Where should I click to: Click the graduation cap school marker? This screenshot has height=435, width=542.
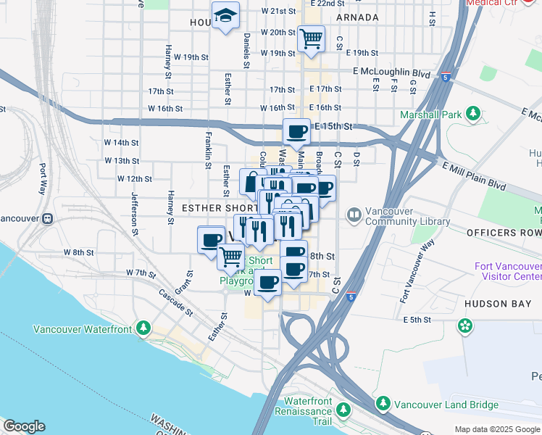[226, 15]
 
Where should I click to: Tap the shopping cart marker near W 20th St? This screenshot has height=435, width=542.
[311, 38]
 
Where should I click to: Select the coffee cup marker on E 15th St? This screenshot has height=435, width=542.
[296, 132]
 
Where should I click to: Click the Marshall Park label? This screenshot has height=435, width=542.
[430, 114]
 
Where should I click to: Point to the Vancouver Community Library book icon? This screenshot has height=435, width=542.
[354, 214]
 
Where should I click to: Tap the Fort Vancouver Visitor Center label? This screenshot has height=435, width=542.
[507, 272]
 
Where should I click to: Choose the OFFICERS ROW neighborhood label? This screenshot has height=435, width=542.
[504, 233]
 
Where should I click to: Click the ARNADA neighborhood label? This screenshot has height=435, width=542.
[357, 17]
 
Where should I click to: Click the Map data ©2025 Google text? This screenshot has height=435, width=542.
[496, 429]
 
